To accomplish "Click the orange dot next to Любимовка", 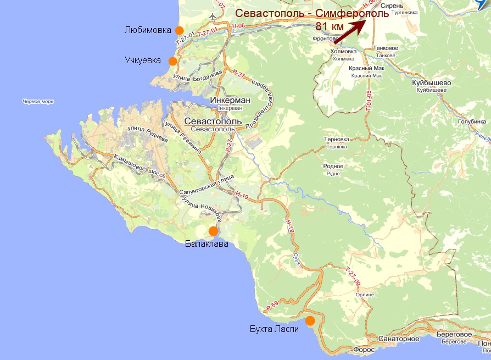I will pos(178,30).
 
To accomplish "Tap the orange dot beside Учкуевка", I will pos(173,61).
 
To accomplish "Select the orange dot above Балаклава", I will pos(213,231).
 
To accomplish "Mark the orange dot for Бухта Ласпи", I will pos(310,320).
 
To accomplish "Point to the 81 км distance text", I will pos(331,26).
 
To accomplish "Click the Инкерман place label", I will pos(230,101).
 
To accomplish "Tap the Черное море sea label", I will pos(38,102).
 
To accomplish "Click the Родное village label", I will pos(334,166).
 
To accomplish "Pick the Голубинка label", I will pos(472,121).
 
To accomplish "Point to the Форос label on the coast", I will pos(364,350).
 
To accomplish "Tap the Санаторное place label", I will pos(399,339).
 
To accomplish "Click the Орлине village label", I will pos(365,295).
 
